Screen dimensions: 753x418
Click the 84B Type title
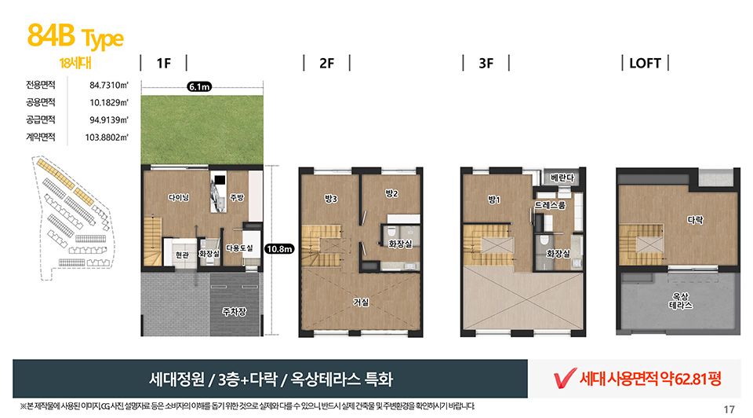tap(75, 37)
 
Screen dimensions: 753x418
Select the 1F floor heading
tap(164, 64)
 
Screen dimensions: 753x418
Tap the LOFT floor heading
tap(645, 64)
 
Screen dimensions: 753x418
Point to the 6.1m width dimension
tap(199, 86)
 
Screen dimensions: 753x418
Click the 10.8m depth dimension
tap(279, 249)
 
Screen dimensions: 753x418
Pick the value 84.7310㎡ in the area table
tap(108, 85)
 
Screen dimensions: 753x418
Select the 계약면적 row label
tap(40, 137)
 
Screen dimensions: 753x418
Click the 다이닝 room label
tap(179, 197)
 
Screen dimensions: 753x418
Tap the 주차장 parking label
tap(235, 312)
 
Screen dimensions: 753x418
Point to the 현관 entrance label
tap(182, 255)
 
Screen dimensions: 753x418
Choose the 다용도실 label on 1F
tap(239, 248)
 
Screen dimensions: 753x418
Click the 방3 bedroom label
tap(331, 198)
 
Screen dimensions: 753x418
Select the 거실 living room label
tap(361, 302)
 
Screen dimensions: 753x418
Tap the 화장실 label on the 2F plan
tap(400, 244)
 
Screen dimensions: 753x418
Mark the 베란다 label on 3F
tap(562, 178)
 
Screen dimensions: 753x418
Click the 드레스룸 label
tap(551, 205)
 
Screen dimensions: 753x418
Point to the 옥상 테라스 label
tap(681, 301)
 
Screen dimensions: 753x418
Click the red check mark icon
tap(565, 378)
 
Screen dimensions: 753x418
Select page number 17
tap(729, 409)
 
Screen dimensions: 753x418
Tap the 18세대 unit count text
tap(75, 63)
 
